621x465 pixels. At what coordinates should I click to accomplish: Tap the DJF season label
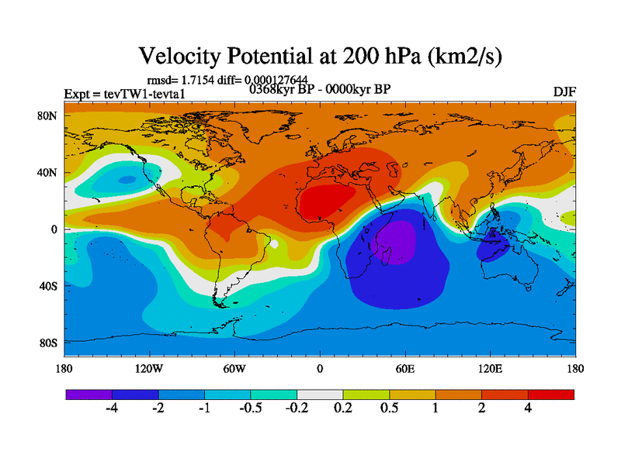[564, 91]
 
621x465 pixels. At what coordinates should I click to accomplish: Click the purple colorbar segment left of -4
[88, 394]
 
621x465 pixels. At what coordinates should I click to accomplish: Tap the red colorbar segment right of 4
[551, 394]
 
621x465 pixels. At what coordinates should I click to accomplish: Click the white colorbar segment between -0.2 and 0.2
[320, 394]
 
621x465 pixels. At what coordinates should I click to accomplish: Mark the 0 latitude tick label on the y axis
[54, 229]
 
